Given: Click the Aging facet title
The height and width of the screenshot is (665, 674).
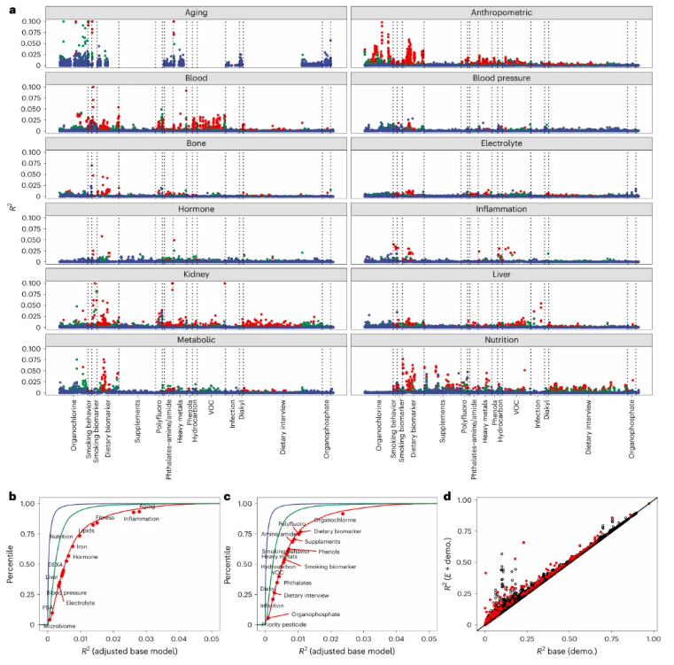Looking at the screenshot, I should tap(197, 12).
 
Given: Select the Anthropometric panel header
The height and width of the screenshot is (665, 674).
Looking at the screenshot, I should tap(494, 12).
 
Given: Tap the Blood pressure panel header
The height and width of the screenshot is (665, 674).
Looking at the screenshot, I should tap(494, 78).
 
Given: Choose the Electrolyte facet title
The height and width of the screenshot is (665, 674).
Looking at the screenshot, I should tap(494, 143).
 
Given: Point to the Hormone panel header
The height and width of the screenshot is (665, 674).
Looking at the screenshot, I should tap(197, 209).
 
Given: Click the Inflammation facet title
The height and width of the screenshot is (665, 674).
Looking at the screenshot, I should tap(494, 209).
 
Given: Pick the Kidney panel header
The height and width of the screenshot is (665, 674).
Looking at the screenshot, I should tap(197, 275).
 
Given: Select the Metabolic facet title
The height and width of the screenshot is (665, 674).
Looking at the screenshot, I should tap(197, 340).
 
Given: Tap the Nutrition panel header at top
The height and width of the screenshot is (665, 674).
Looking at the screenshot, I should tap(494, 340).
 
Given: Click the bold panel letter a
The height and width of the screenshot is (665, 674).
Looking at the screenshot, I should tap(12, 7).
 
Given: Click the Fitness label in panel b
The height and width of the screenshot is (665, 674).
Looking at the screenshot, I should tap(105, 517).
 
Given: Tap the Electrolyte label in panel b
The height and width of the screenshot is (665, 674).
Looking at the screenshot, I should tap(80, 603).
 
